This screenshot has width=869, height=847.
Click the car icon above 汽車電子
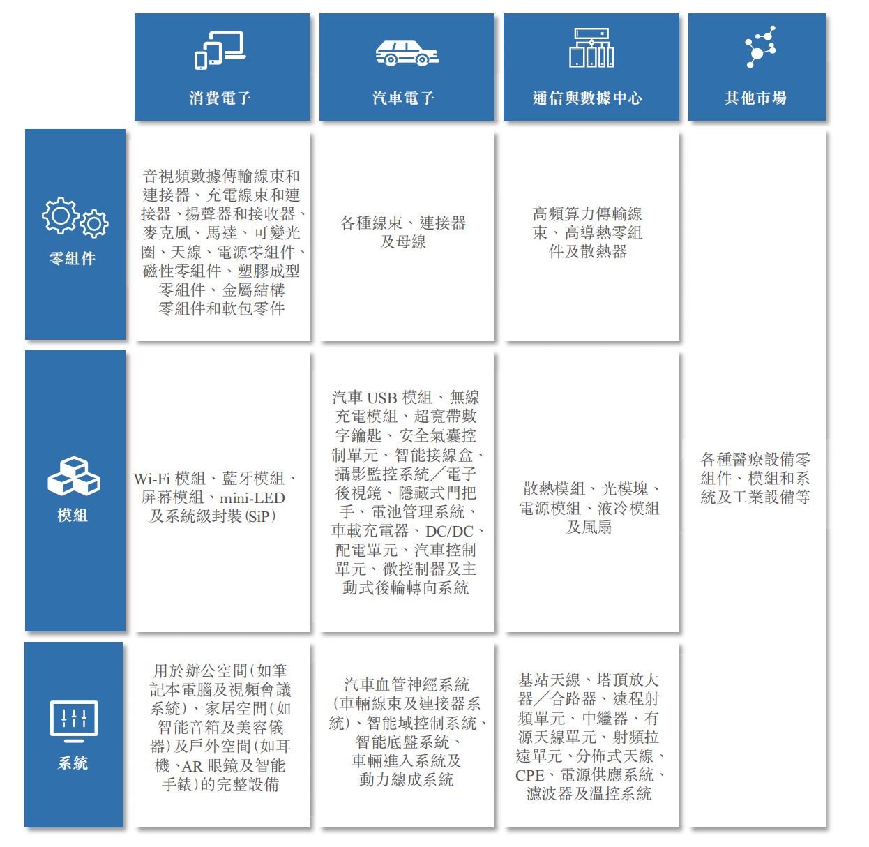pos(407,53)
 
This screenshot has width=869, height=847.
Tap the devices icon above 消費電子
pos(220,50)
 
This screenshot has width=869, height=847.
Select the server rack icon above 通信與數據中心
pos(591,48)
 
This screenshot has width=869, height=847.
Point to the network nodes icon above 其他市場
pos(760,47)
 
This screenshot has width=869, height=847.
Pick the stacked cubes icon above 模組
pos(74,477)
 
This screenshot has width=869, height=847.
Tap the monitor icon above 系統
pos(74,721)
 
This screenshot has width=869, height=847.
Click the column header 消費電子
pos(220,98)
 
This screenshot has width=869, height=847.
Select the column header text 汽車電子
pos(404,98)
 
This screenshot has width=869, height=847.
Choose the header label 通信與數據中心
pos(588,98)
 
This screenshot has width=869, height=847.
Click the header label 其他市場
pos(755,98)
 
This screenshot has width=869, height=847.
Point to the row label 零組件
pos(73,258)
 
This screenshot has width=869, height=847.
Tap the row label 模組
pos(73,515)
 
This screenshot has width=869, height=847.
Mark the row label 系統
pos(73,763)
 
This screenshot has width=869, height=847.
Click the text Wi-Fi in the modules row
pos(152,479)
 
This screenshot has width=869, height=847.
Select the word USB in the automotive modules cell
pos(382,398)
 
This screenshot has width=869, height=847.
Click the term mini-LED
pos(252,497)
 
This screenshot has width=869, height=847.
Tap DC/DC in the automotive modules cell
pos(449,531)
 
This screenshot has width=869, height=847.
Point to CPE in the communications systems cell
pos(529,776)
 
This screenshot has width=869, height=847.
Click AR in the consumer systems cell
pos(192,766)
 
